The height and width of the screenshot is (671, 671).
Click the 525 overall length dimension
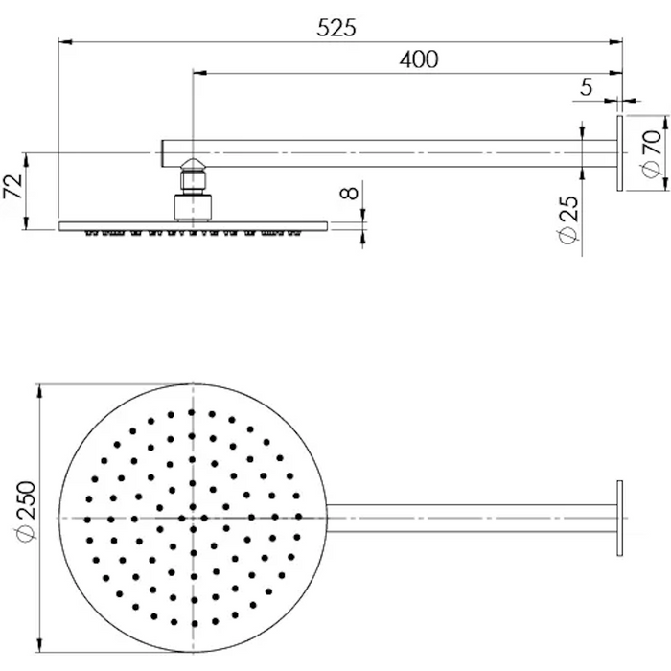point(336,28)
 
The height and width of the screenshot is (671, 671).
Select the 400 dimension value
point(419,59)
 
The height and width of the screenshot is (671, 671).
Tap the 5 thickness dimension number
point(587,87)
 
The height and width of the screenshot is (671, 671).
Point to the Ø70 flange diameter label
point(652,153)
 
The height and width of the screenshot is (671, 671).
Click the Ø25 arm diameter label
point(568,220)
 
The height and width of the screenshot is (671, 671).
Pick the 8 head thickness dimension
point(350,193)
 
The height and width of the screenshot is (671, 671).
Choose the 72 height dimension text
point(13,186)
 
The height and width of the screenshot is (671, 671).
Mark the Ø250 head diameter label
point(26,512)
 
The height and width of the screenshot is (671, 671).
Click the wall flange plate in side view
point(619,153)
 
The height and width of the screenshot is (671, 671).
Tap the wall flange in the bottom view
point(619,519)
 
